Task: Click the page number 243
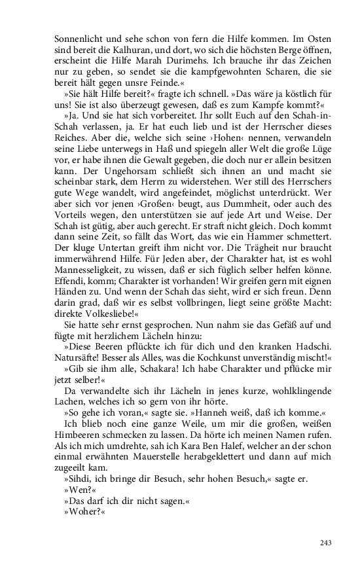[327, 543]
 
